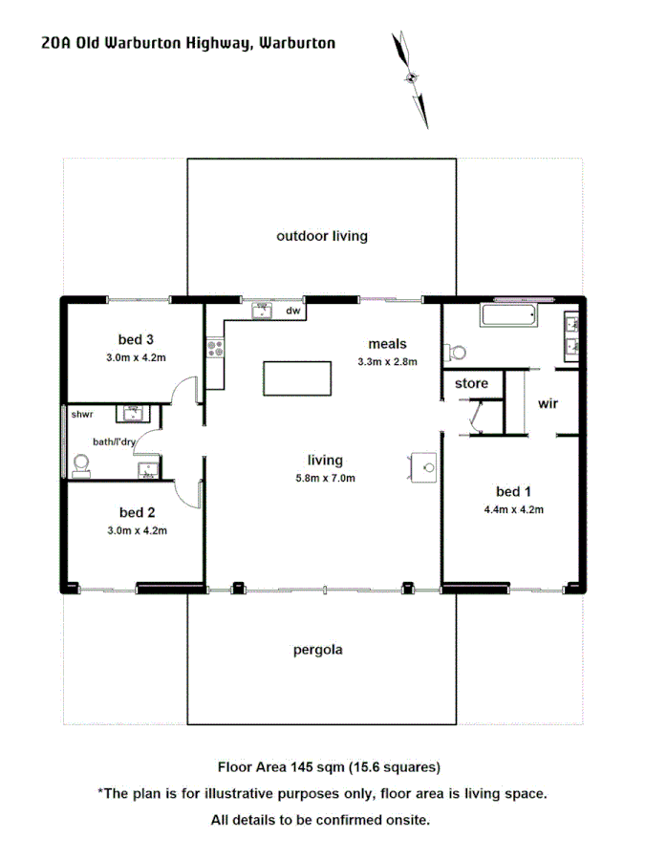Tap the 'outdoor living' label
point(322,235)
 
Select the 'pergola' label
point(317,650)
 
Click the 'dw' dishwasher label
point(293,311)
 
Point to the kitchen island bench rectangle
point(298,377)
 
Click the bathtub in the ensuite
point(509,316)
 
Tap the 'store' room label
point(471,383)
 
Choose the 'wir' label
point(548,403)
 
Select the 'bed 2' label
point(137,511)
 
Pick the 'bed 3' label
point(136,339)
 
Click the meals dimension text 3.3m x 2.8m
point(387,361)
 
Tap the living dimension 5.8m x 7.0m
point(325,478)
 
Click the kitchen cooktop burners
point(214,349)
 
